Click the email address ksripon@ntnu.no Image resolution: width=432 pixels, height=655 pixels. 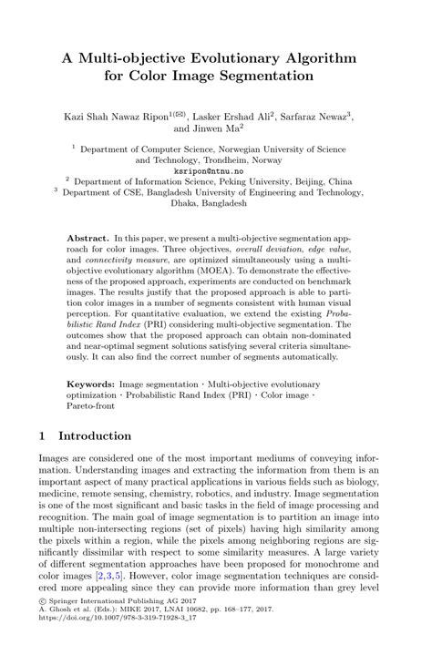click(x=215, y=170)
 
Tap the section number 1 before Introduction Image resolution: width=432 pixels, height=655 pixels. click(x=43, y=436)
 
